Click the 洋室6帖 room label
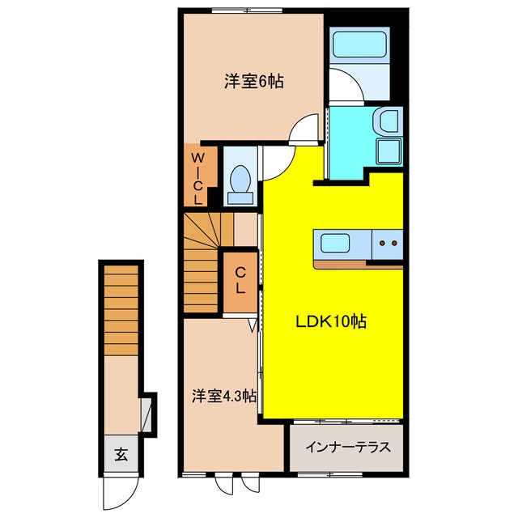click(253, 81)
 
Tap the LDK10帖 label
click(331, 321)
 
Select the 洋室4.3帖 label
click(224, 396)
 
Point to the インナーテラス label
click(348, 448)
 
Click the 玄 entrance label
click(121, 455)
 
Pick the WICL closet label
click(197, 179)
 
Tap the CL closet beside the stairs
click(240, 281)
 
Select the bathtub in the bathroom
click(359, 45)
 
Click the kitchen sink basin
click(335, 243)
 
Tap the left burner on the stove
click(382, 244)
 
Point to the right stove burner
click(394, 244)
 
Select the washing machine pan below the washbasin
click(389, 151)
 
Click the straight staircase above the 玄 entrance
click(121, 310)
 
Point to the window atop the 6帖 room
click(247, 11)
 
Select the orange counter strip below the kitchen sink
click(340, 265)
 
